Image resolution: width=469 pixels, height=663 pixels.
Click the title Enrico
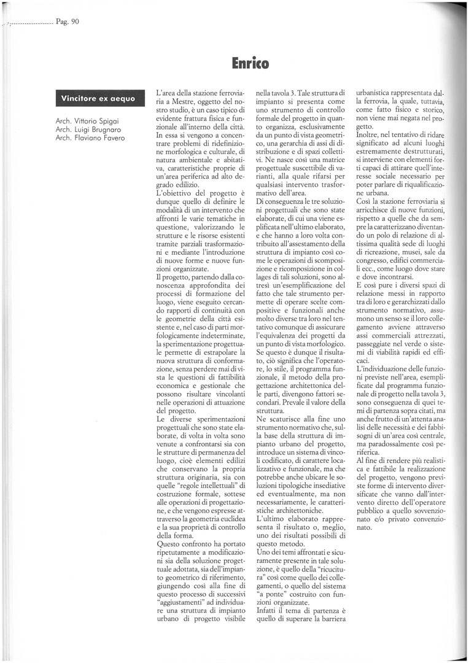tap(250, 63)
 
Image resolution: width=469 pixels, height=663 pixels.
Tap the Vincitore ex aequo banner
tap(98, 98)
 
